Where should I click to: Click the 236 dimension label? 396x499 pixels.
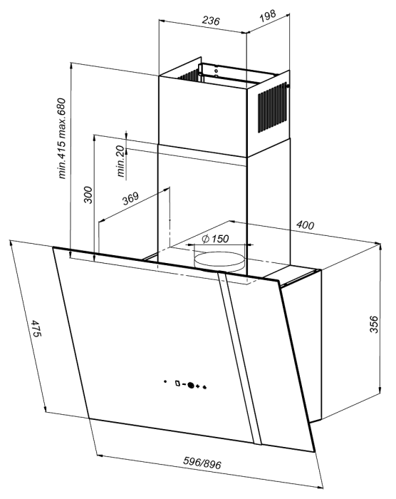211,21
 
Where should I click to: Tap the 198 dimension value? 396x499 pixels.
268,16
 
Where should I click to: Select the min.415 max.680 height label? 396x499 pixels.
62,138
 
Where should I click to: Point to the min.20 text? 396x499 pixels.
120,161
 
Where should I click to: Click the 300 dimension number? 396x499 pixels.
88,195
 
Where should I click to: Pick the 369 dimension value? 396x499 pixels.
131,199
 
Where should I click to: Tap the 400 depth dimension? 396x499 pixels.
305,225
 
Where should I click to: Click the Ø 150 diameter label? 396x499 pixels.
215,238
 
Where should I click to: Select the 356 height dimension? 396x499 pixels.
374,324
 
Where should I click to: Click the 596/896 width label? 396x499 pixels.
202,463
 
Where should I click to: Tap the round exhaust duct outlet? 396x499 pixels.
220,260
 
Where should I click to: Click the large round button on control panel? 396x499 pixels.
191,385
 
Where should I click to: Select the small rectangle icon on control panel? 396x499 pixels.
177,384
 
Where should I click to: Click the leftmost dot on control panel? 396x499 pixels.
165,381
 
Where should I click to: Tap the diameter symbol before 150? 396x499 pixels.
205,238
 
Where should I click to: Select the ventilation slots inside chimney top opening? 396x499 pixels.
187,76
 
